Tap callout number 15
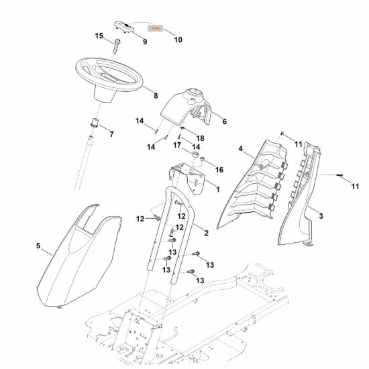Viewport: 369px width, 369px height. [x=99, y=36]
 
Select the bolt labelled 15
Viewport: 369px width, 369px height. [x=117, y=46]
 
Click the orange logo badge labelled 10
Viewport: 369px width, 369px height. [x=156, y=28]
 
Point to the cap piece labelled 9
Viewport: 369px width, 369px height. [x=124, y=27]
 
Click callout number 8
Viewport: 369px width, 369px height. [x=156, y=96]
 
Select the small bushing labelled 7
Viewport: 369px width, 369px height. [x=95, y=123]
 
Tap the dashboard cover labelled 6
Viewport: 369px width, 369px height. [x=186, y=106]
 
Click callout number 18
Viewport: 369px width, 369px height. [x=201, y=138]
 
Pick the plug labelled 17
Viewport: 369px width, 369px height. [x=195, y=154]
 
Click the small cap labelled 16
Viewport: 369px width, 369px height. [x=202, y=159]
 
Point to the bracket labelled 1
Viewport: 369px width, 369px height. [x=188, y=178]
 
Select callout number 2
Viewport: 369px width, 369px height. [x=207, y=233]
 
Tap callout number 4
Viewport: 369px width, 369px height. [x=240, y=149]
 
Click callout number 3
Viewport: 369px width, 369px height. [x=321, y=216]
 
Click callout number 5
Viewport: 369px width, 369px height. [x=38, y=246]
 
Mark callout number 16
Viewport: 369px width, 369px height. [x=219, y=170]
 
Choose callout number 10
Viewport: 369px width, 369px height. [x=178, y=40]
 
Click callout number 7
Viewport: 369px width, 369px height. [x=112, y=134]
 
